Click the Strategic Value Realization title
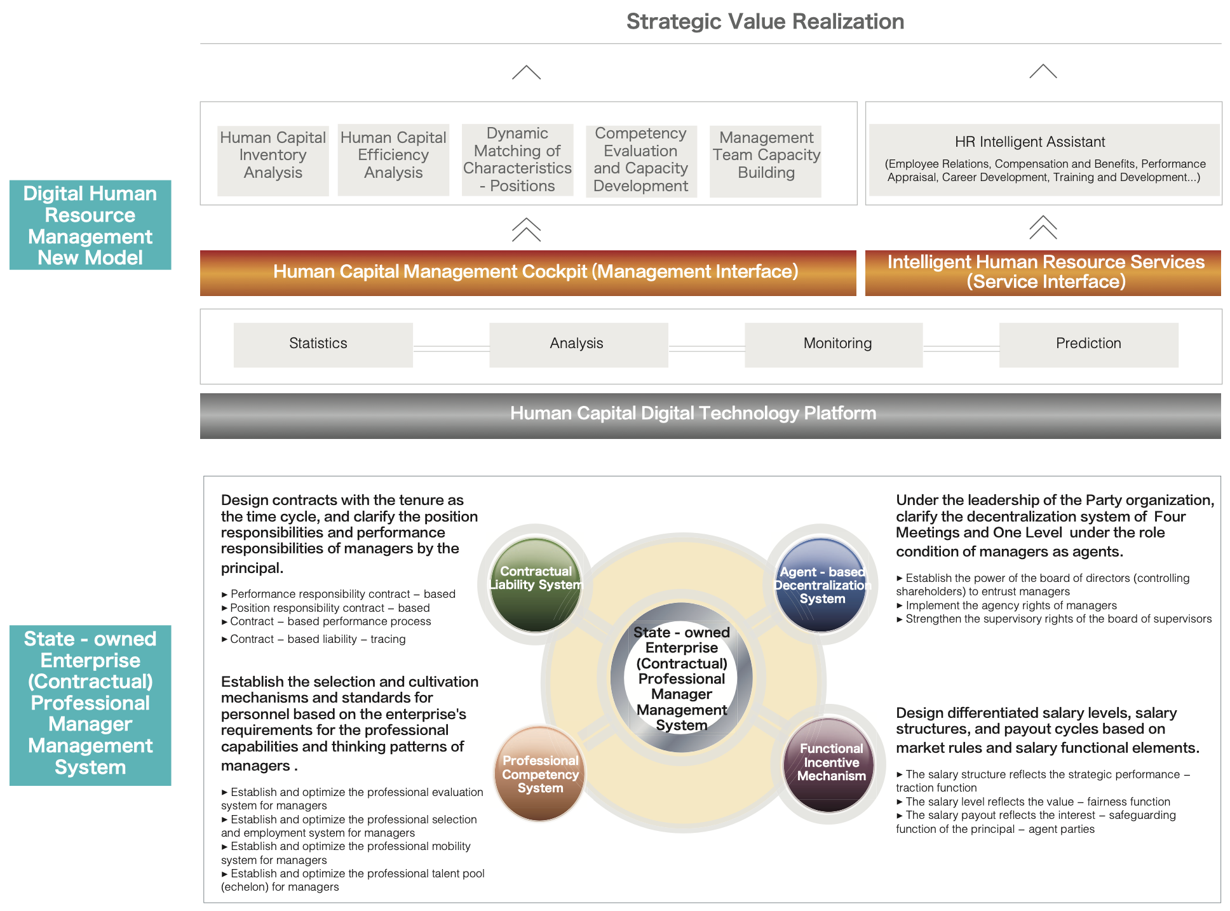(x=765, y=22)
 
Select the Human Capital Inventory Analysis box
(x=273, y=160)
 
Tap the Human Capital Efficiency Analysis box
(x=393, y=159)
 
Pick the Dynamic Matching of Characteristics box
(x=517, y=159)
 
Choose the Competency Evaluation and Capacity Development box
(x=641, y=161)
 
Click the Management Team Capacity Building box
(x=766, y=161)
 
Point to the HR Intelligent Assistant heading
(x=1030, y=142)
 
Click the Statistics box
(x=323, y=345)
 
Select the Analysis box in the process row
(x=579, y=345)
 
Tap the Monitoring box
(x=834, y=345)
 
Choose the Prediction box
(x=1089, y=345)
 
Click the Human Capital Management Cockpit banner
(x=528, y=273)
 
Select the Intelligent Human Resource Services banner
(x=1043, y=273)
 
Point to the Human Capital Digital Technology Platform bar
(x=710, y=416)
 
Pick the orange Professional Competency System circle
(x=540, y=773)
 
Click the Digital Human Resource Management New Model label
(x=90, y=225)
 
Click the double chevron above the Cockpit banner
(x=526, y=229)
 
